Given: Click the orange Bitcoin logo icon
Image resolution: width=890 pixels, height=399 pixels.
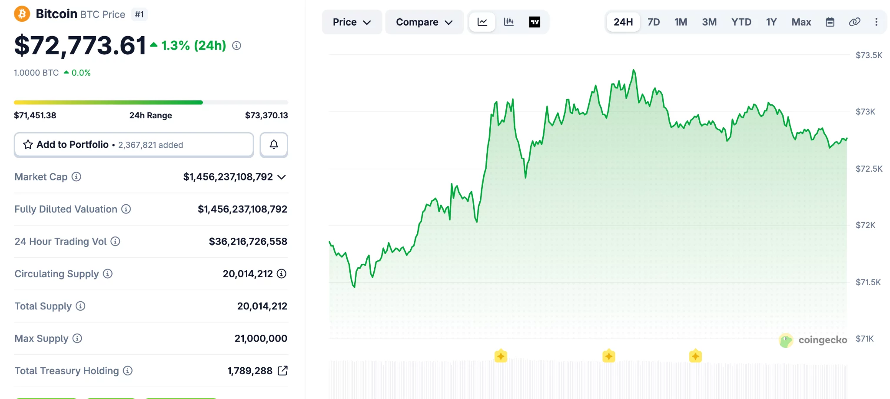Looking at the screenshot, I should coord(22,14).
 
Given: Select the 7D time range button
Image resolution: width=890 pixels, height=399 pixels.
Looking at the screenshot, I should coord(653,22).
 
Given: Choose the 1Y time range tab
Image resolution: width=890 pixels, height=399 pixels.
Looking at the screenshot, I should coord(771,22).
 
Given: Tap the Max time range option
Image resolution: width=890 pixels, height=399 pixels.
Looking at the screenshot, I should coord(801,22).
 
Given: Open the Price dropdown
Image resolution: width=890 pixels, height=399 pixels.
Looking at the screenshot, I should coord(352,22).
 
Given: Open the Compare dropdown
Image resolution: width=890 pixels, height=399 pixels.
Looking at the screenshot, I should coord(424,22).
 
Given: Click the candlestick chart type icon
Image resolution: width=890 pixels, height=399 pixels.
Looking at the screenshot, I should coord(508,22).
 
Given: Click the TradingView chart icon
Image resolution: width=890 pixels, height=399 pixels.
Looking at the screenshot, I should coord(535,22).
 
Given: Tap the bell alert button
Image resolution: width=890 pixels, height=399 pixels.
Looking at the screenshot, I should coord(274,145).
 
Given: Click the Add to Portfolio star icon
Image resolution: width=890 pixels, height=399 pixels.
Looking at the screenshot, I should coord(28,145).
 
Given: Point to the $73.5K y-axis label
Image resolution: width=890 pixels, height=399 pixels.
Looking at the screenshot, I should coord(869,55).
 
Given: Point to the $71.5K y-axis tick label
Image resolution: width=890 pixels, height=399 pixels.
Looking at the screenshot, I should coord(868,282).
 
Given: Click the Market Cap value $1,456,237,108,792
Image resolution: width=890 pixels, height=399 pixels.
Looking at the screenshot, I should coord(228,177).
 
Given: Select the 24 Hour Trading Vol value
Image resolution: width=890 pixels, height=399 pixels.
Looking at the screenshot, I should coord(248,242).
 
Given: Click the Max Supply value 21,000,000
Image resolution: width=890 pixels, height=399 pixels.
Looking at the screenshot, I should coord(261,339).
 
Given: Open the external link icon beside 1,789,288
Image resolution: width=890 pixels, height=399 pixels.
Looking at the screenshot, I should coord(282,371).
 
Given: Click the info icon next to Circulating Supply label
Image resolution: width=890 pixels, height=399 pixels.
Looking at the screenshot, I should coord(108,274).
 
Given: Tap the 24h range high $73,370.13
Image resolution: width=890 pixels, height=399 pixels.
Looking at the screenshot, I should coord(266,116).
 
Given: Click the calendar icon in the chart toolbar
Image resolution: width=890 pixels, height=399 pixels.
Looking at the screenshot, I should coord(830,22).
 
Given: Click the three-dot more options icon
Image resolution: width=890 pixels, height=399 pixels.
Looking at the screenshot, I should coord(876,22).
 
